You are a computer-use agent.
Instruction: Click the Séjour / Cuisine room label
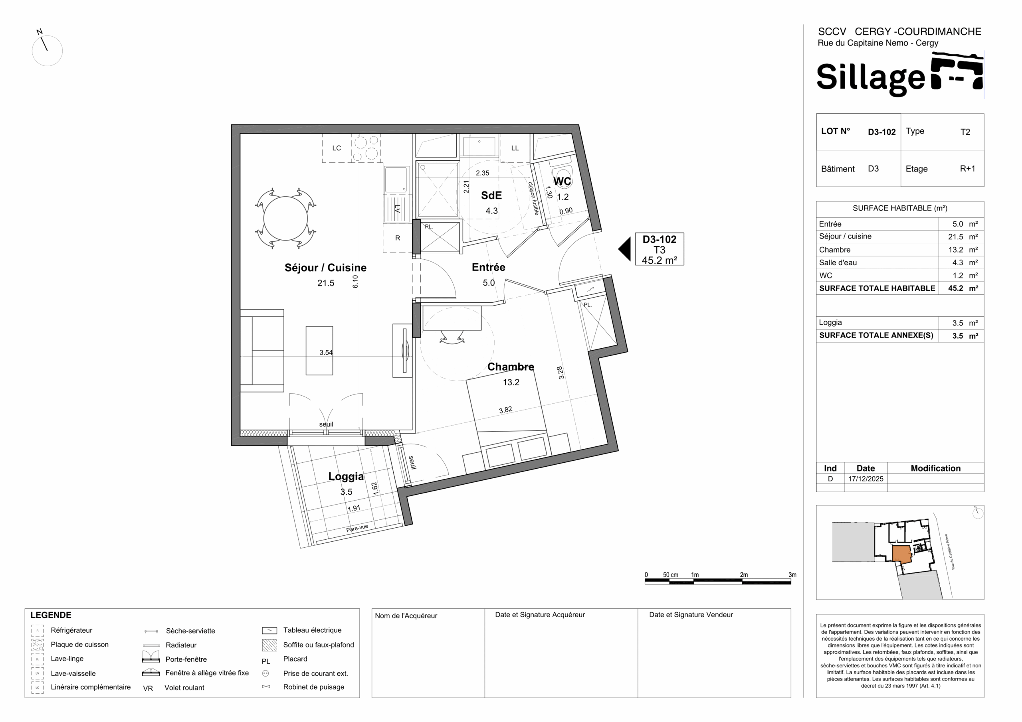point(325,267)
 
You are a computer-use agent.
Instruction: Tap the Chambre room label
point(511,367)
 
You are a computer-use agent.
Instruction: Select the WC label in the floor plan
point(562,181)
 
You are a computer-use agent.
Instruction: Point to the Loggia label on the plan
point(346,476)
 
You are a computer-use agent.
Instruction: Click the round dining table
point(285,219)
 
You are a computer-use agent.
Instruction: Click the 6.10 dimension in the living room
point(355,282)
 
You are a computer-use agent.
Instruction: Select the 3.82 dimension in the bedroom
point(505,410)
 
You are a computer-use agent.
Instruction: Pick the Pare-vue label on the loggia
point(357,528)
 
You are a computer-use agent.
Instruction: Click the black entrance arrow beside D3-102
point(625,249)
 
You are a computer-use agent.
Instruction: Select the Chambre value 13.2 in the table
point(956,250)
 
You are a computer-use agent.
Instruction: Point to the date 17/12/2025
point(866,479)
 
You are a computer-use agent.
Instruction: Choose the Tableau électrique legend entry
point(312,630)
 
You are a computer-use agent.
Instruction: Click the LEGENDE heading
point(51,615)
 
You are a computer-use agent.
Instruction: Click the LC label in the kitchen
point(337,148)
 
